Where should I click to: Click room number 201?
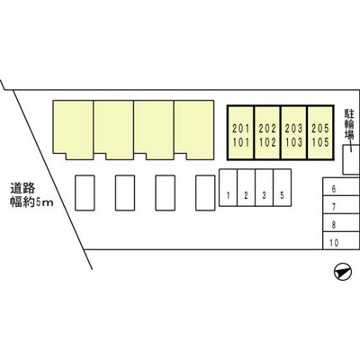241,129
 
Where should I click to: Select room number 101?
241,142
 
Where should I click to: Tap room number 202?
267,129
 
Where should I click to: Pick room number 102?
267,142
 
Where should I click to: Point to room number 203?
294,129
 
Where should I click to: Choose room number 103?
294,142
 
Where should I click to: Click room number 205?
320,129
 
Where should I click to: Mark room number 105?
320,142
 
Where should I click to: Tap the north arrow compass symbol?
342,272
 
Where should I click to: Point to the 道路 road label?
22,188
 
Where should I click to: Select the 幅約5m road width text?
32,202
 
